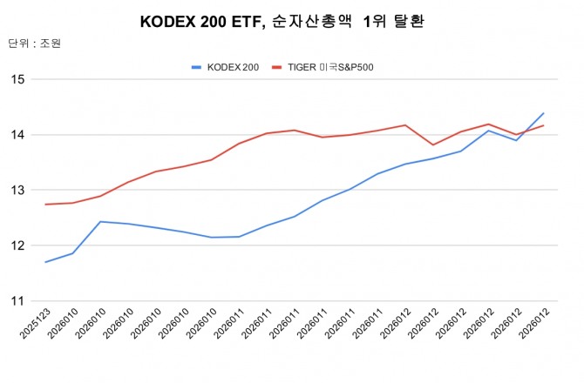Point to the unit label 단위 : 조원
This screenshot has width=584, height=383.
[x=35, y=43]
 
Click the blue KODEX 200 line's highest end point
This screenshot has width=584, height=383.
[x=544, y=113]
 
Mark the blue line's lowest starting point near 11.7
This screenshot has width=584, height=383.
[x=45, y=262]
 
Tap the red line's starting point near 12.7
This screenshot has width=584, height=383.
[x=45, y=205]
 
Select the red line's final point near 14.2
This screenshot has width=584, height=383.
[x=544, y=125]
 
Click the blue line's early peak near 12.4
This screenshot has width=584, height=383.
[x=100, y=221]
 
